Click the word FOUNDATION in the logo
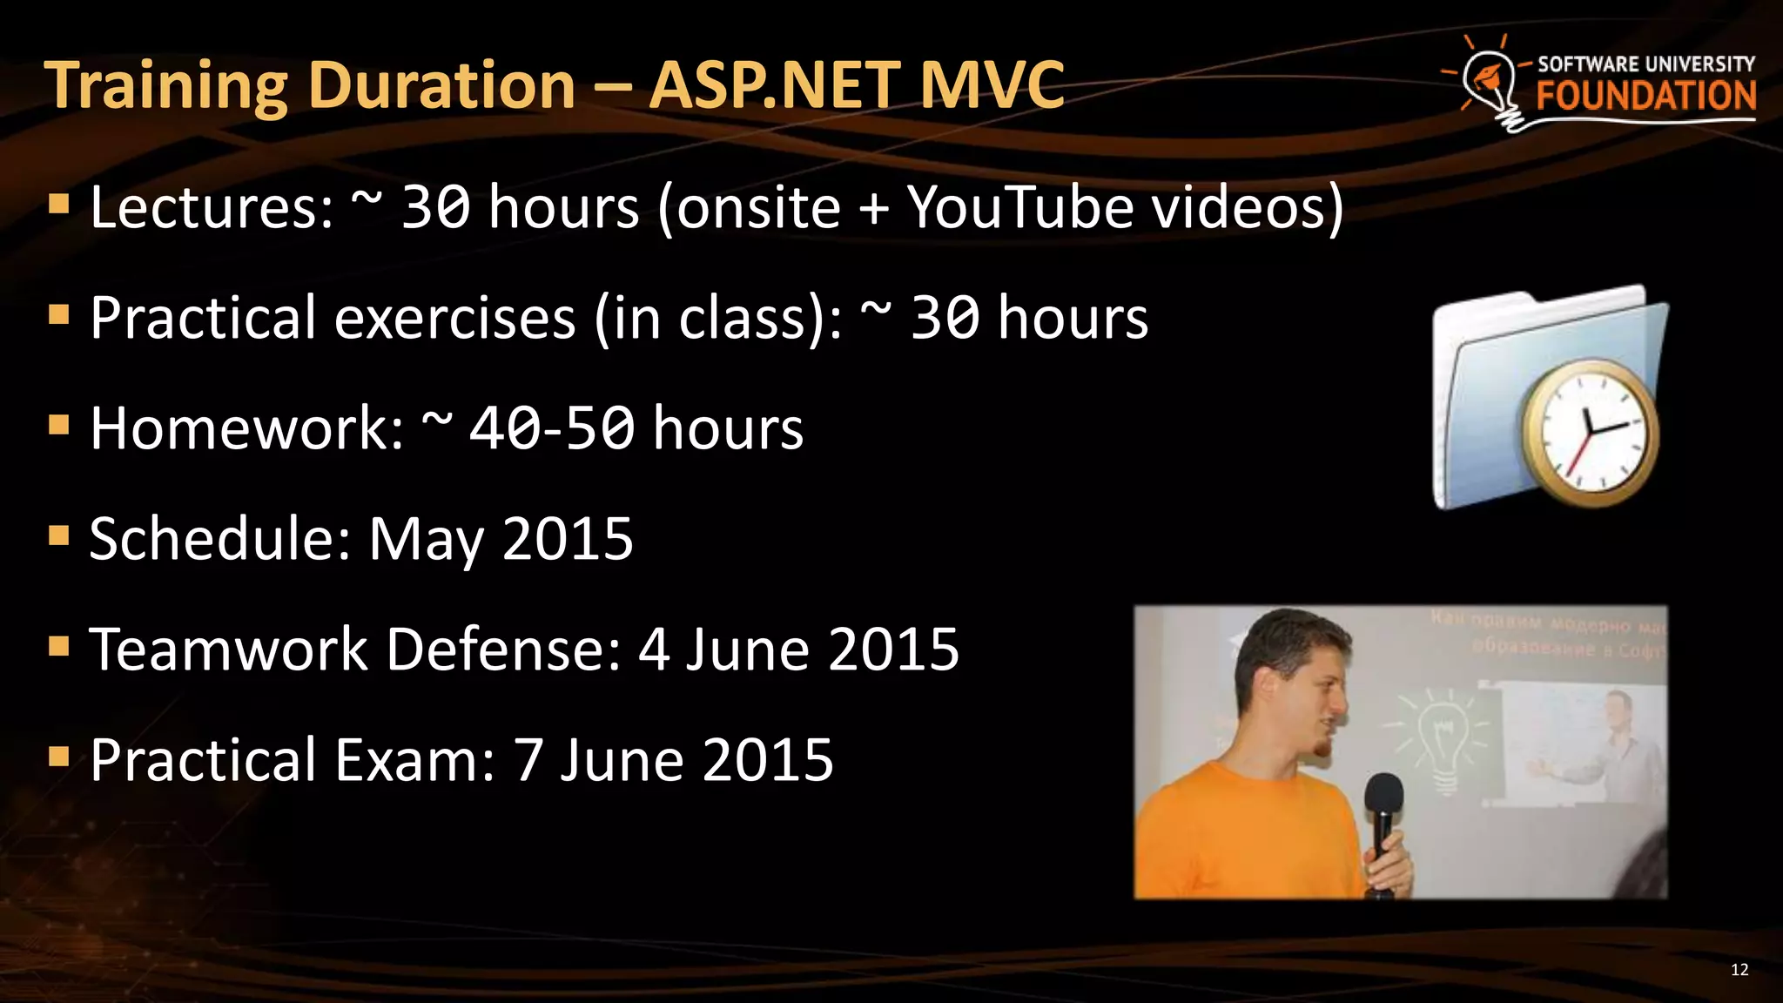(x=1645, y=96)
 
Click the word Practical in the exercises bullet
(x=202, y=318)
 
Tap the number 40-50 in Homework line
(x=551, y=428)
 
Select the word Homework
(x=246, y=428)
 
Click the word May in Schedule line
(x=425, y=540)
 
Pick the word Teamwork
(x=228, y=650)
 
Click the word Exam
(x=414, y=760)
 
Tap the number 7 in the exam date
(x=528, y=760)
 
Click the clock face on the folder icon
(x=1590, y=433)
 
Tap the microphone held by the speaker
(x=1383, y=810)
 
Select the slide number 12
(x=1739, y=970)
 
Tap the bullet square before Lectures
(x=59, y=205)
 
